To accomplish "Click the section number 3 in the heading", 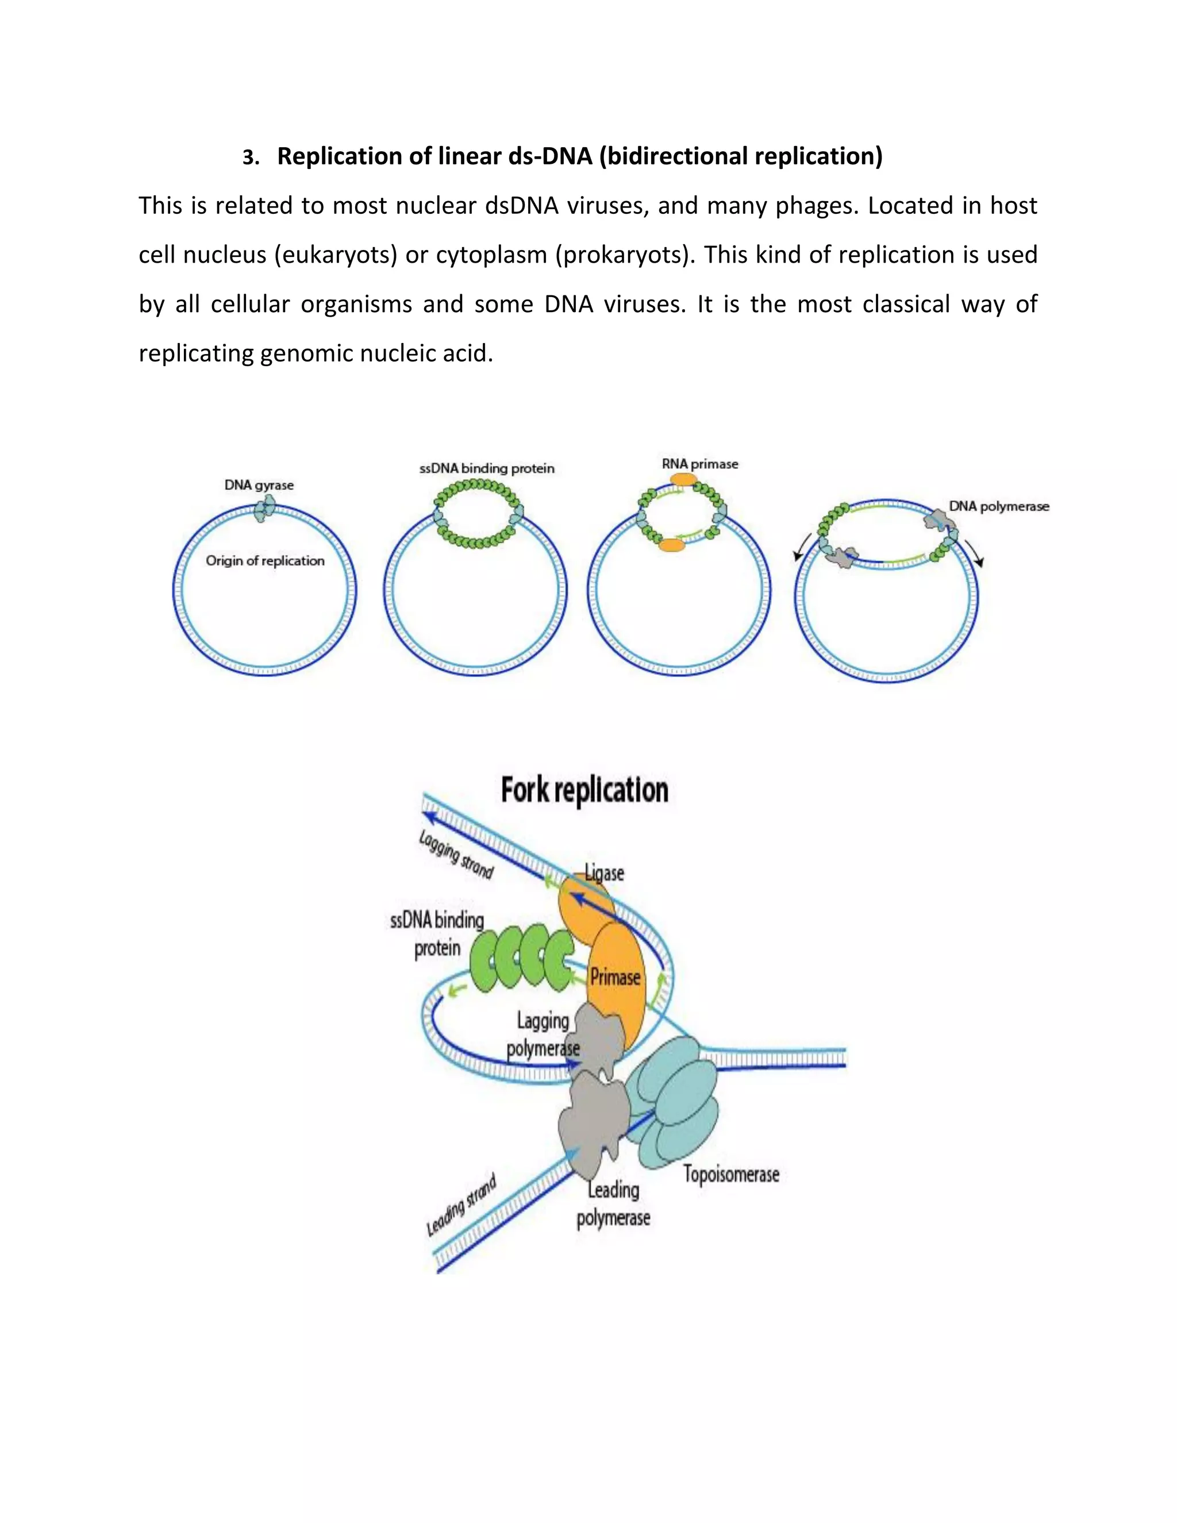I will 248,158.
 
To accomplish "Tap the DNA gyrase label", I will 259,484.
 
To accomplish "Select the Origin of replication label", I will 265,561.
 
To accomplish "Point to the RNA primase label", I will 699,464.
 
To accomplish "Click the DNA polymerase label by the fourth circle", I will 998,506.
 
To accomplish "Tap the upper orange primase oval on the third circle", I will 683,480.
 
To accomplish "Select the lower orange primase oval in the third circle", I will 673,545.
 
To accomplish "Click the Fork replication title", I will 584,790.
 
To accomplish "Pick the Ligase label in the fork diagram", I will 605,873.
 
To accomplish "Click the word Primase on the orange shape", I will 615,977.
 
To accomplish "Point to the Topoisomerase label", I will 731,1174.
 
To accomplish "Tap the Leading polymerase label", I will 613,1204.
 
